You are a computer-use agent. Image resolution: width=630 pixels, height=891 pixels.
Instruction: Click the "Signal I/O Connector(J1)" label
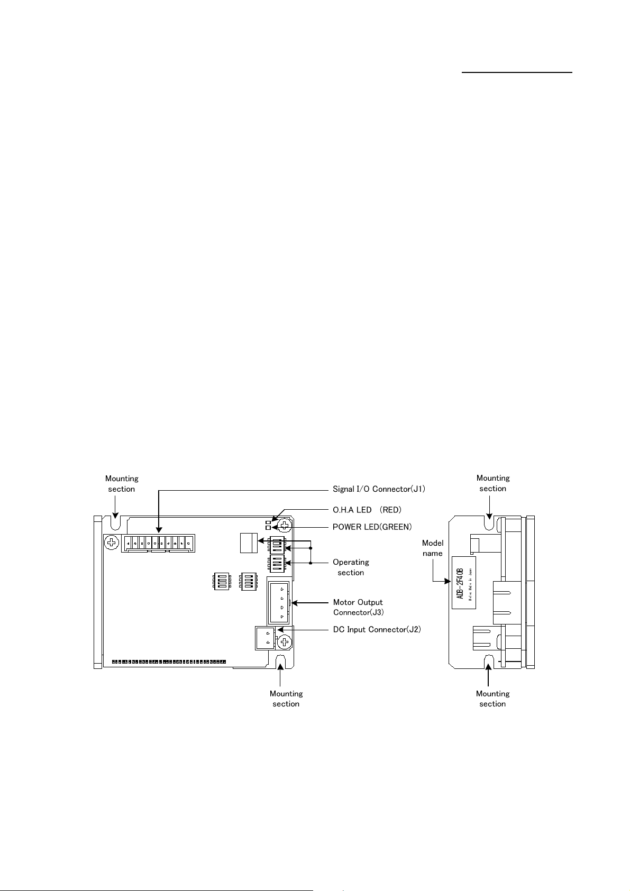pyautogui.click(x=379, y=489)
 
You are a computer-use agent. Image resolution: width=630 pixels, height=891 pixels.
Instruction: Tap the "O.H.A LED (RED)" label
pyautogui.click(x=367, y=510)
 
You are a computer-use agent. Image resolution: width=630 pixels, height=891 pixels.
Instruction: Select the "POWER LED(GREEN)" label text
pyautogui.click(x=372, y=527)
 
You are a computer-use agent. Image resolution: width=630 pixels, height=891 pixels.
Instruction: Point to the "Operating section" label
pyautogui.click(x=351, y=567)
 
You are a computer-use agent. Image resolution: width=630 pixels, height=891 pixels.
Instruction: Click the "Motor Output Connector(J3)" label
pyautogui.click(x=358, y=607)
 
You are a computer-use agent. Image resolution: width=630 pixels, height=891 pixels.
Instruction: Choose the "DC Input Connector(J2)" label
pyautogui.click(x=377, y=629)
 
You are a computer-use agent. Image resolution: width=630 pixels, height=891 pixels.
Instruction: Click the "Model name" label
pyautogui.click(x=433, y=548)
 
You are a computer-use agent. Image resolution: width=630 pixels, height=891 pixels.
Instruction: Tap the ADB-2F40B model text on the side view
pyautogui.click(x=460, y=581)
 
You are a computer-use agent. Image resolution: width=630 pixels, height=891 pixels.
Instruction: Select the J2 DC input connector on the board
pyautogui.click(x=266, y=638)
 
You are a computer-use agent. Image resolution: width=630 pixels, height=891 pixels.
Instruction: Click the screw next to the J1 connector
pyautogui.click(x=112, y=542)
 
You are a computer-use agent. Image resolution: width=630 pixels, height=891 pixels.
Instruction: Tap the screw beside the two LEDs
pyautogui.click(x=285, y=525)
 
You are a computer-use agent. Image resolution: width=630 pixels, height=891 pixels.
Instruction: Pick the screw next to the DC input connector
pyautogui.click(x=285, y=642)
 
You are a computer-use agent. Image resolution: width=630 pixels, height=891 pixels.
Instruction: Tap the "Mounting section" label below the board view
pyautogui.click(x=286, y=699)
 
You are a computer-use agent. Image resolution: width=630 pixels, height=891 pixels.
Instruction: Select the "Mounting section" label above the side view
pyautogui.click(x=492, y=483)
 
